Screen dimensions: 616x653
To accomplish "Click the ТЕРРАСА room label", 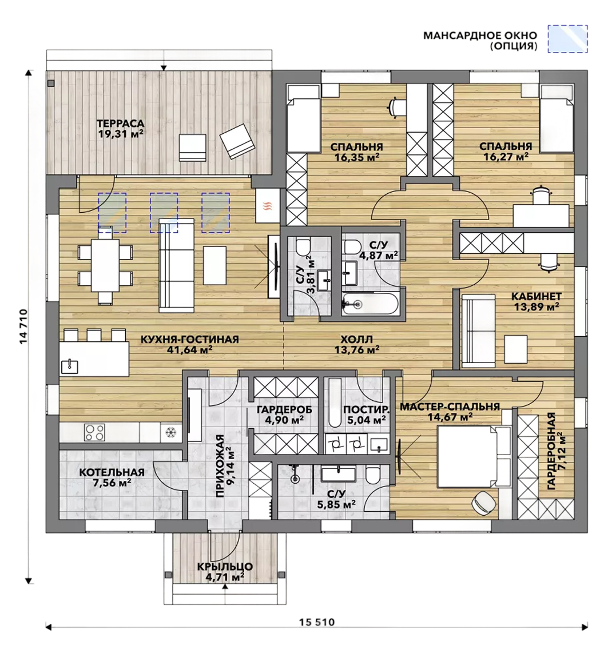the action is coord(120,124).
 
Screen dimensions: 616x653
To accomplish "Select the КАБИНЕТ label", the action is coord(536,297).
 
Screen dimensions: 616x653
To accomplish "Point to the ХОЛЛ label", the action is coord(356,340).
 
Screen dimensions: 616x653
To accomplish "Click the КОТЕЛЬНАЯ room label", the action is coord(112,472).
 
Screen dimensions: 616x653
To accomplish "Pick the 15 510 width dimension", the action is coord(316,622).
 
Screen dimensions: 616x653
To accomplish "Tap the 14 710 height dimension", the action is coord(23,326).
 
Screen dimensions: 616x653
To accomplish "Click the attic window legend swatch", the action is coord(567,39).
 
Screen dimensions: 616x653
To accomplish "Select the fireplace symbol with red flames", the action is coord(268,206).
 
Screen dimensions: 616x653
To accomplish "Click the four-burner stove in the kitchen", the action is coord(94,432).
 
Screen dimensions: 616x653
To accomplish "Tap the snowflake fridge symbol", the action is coord(171,432).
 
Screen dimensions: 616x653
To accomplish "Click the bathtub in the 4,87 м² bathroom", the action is coord(369,303).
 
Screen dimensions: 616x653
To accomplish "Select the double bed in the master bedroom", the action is coord(473,456).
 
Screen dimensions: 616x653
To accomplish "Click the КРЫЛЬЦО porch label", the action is coord(225,567).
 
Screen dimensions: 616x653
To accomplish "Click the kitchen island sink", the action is coord(70,366).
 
